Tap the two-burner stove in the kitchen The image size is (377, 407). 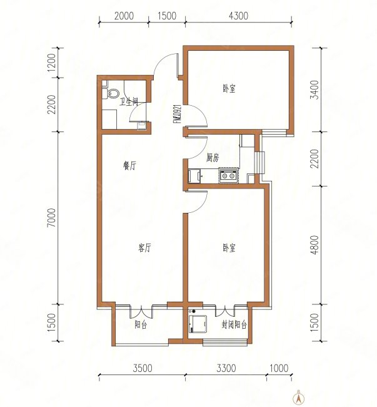pyautogui.click(x=228, y=176)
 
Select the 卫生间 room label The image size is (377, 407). pyautogui.click(x=129, y=101)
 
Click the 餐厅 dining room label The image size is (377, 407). pyautogui.click(x=129, y=165)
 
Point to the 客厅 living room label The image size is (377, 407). pyautogui.click(x=144, y=248)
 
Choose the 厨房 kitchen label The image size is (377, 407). pyautogui.click(x=213, y=158)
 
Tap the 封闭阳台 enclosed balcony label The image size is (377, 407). pyautogui.click(x=234, y=325)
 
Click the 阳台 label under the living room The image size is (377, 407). pyautogui.click(x=141, y=325)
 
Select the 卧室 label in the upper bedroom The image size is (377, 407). pyautogui.click(x=229, y=89)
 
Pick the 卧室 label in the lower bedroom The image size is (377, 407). pyautogui.click(x=229, y=248)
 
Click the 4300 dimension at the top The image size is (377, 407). pyautogui.click(x=238, y=16)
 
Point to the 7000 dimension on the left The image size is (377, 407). pyautogui.click(x=52, y=217)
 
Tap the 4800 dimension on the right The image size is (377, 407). pyautogui.click(x=315, y=245)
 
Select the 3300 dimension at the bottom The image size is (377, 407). pyautogui.click(x=226, y=368)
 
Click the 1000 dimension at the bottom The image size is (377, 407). pyautogui.click(x=279, y=368)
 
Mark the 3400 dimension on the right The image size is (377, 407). pyautogui.click(x=315, y=90)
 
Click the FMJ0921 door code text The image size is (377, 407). pyautogui.click(x=178, y=114)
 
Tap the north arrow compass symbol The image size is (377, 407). pyautogui.click(x=298, y=398)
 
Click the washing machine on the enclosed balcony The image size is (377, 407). pyautogui.click(x=198, y=324)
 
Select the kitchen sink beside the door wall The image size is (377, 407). pyautogui.click(x=194, y=176)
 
